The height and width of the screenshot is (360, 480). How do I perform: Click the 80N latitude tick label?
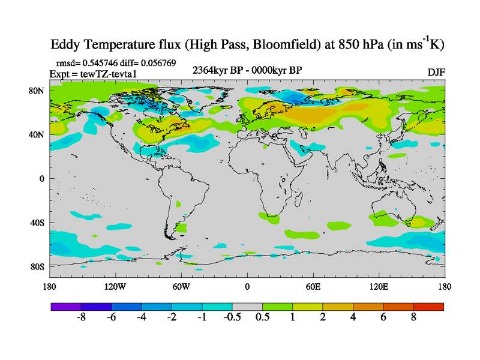[38, 91]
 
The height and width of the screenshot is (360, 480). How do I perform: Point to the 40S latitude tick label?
[38, 223]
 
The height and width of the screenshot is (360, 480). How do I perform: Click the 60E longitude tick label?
[313, 287]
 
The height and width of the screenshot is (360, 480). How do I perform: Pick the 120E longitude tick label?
[379, 287]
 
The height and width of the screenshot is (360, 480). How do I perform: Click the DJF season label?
[436, 72]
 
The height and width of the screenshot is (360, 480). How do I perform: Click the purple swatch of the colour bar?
[65, 307]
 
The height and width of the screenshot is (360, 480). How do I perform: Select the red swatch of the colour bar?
[429, 307]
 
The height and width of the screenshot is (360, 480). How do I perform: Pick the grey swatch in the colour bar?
[247, 307]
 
